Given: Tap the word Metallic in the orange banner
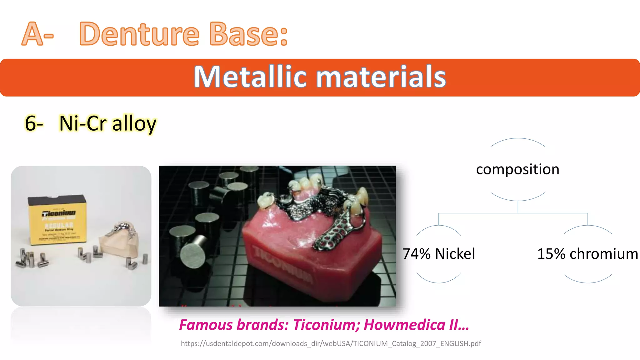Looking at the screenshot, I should (x=250, y=77).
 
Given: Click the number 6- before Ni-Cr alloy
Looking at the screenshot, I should (x=34, y=123).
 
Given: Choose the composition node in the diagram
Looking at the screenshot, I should (x=517, y=169).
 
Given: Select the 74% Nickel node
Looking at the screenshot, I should (x=438, y=254).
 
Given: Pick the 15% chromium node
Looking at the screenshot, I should (x=587, y=254).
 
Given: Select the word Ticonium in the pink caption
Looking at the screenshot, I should (x=326, y=325).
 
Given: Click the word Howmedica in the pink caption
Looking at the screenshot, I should (x=404, y=325).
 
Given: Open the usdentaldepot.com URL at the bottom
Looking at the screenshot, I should (x=331, y=343).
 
